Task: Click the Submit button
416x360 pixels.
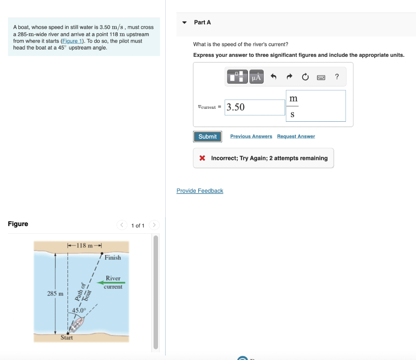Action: [208, 137]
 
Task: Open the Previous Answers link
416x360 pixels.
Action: [251, 136]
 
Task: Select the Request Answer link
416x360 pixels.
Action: [296, 136]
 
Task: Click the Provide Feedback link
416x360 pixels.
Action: [200, 191]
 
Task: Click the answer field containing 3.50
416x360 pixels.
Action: [255, 107]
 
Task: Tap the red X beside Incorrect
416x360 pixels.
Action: [202, 158]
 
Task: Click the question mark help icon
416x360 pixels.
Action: [337, 77]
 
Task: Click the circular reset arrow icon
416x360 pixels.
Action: [305, 77]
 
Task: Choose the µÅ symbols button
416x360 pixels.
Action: [256, 77]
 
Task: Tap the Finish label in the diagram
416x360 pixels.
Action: [113, 257]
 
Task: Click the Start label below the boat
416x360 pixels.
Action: [67, 337]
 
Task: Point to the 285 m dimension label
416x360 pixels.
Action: [55, 293]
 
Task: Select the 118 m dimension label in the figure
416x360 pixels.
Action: [84, 245]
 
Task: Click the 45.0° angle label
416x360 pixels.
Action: [79, 310]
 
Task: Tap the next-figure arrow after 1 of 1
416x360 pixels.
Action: [154, 225]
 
